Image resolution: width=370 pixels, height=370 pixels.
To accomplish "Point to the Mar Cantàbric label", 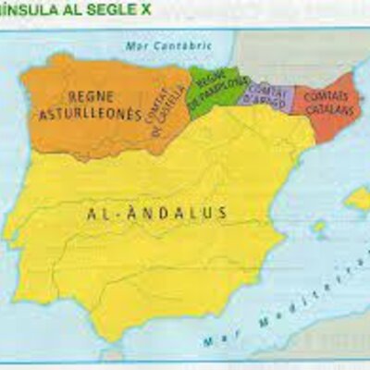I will click(x=157, y=44).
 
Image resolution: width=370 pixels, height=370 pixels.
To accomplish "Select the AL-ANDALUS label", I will click(x=157, y=214).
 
